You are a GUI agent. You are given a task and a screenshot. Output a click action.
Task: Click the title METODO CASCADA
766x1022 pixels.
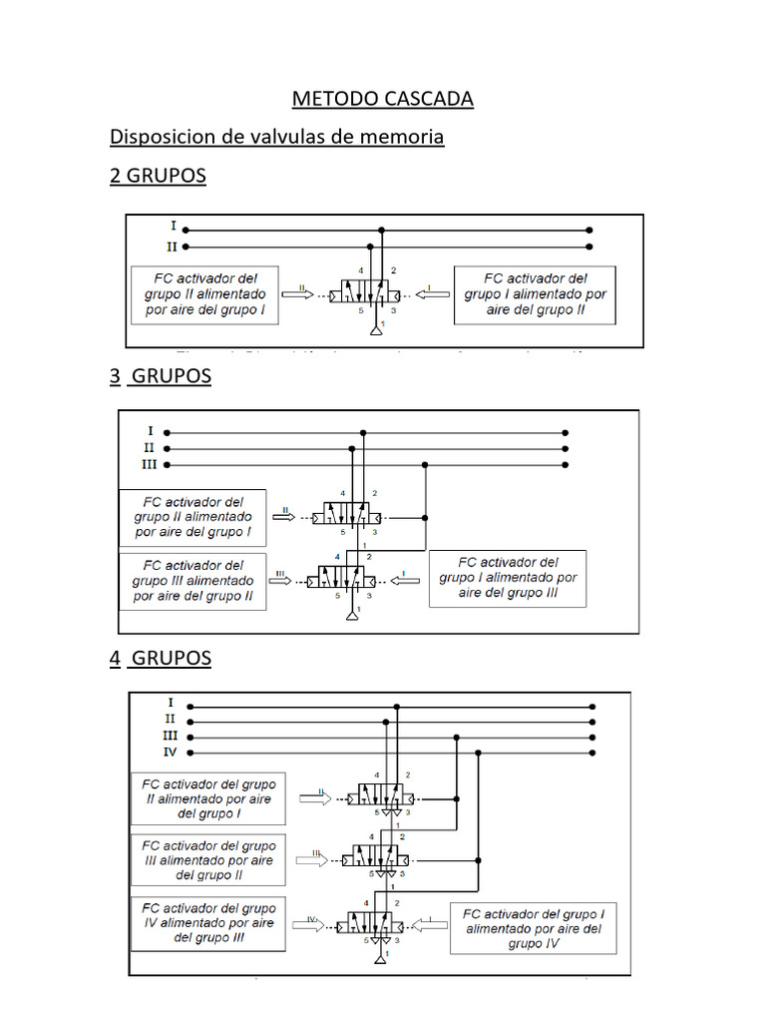point(382,99)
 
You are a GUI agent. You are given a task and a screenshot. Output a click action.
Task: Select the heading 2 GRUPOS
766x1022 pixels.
point(158,176)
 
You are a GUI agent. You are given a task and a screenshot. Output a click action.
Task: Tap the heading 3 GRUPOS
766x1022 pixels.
point(160,376)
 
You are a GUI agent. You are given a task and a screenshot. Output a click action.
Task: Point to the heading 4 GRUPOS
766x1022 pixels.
point(160,659)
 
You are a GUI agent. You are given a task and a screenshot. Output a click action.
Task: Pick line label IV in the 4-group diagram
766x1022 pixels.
point(170,753)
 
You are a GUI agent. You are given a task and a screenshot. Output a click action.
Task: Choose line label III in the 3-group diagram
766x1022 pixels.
point(149,464)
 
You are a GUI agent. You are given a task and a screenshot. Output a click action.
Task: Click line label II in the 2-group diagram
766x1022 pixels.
point(173,247)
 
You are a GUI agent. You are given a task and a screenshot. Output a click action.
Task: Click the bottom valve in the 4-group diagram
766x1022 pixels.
point(378,925)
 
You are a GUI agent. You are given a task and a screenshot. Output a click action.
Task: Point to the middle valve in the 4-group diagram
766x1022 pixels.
point(378,858)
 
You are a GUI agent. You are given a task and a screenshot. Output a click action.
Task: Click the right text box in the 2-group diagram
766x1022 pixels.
point(535,294)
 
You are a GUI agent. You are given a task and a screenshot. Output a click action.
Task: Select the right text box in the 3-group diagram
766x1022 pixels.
point(508,578)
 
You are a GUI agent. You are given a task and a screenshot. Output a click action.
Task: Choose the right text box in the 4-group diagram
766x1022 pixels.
point(533,928)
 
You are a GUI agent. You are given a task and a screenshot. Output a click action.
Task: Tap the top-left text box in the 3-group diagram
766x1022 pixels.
point(192,517)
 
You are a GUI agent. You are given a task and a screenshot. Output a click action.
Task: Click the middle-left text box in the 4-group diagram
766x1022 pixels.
point(208,859)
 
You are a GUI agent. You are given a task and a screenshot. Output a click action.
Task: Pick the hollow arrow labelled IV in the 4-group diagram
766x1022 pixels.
point(311,925)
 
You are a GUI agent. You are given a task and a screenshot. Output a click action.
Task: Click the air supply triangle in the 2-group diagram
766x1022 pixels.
point(376,329)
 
